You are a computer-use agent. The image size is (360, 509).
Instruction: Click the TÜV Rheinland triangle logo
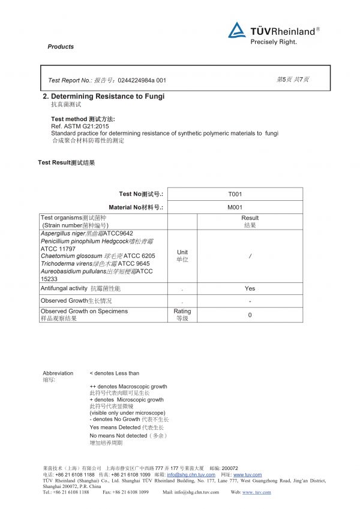coord(237,30)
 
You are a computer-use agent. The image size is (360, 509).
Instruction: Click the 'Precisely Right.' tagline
coord(273,42)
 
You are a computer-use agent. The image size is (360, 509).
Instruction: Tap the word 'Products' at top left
coord(61,47)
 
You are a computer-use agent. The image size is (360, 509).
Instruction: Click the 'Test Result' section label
coord(66,162)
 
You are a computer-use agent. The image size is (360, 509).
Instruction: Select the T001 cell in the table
coord(235,194)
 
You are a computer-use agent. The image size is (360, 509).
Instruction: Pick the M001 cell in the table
coord(235,207)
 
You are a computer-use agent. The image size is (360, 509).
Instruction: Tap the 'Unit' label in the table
coord(182,252)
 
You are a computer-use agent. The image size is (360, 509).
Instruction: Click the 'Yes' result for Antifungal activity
coord(250,288)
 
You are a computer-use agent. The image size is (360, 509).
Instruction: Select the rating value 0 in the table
coord(250,315)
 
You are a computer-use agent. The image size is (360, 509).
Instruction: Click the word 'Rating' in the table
coord(182,311)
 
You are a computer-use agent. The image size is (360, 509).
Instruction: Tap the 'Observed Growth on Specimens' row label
coord(84,311)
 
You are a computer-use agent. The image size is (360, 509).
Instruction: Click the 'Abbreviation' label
coord(58,373)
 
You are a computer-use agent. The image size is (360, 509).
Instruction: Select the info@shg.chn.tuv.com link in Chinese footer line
coord(191,475)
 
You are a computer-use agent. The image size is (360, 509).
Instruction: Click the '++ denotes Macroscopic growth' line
coord(128,387)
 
